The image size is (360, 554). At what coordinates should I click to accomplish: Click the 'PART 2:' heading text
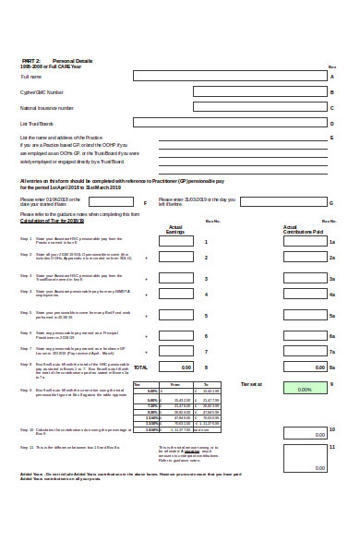click(x=30, y=60)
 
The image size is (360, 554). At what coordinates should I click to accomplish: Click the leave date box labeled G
click(x=277, y=201)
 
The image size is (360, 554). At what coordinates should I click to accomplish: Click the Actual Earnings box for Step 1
click(x=175, y=241)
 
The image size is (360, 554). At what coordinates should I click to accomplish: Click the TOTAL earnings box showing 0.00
click(x=175, y=367)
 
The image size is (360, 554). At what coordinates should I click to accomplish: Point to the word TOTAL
click(x=140, y=367)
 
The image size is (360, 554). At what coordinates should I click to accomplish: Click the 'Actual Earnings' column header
click(x=175, y=229)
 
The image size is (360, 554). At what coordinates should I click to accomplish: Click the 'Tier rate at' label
click(x=251, y=383)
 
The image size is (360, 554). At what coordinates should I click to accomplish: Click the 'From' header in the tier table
click(x=175, y=383)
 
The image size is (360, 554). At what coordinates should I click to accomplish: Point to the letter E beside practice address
click(x=331, y=138)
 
